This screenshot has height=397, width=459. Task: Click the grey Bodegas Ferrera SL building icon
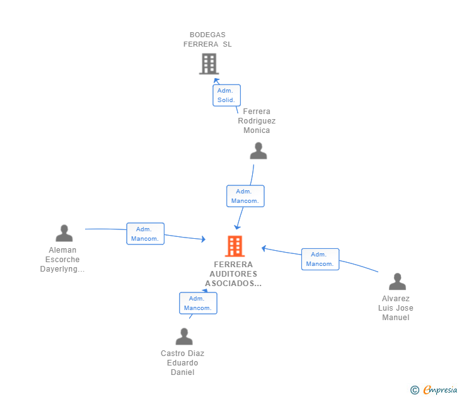click(209, 64)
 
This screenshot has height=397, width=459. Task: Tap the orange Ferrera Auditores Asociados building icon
click(235, 246)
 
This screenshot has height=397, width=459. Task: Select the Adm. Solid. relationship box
click(226, 95)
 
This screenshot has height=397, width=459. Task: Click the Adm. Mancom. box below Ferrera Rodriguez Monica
click(245, 196)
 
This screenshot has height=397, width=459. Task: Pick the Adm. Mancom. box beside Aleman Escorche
click(146, 234)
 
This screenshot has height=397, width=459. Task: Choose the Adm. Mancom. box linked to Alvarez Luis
click(320, 259)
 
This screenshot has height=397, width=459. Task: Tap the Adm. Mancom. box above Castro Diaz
click(198, 303)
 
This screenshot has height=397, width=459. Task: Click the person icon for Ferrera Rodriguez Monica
click(259, 151)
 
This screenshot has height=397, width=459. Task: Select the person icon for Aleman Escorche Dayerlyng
click(64, 234)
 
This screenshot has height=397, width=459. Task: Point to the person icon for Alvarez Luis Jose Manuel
click(397, 282)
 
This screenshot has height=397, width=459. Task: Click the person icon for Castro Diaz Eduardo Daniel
click(184, 337)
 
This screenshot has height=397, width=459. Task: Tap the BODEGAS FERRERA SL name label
click(207, 39)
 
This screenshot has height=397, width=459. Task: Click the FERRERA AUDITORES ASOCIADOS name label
click(233, 274)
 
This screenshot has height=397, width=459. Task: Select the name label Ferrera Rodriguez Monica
click(257, 121)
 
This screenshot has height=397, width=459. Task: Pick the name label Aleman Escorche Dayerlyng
click(62, 260)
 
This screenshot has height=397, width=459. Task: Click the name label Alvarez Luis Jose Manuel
click(396, 308)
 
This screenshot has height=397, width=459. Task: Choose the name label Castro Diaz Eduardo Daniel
click(182, 363)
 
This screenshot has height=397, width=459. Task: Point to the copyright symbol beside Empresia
click(415, 390)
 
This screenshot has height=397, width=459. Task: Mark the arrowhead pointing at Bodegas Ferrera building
click(216, 81)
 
